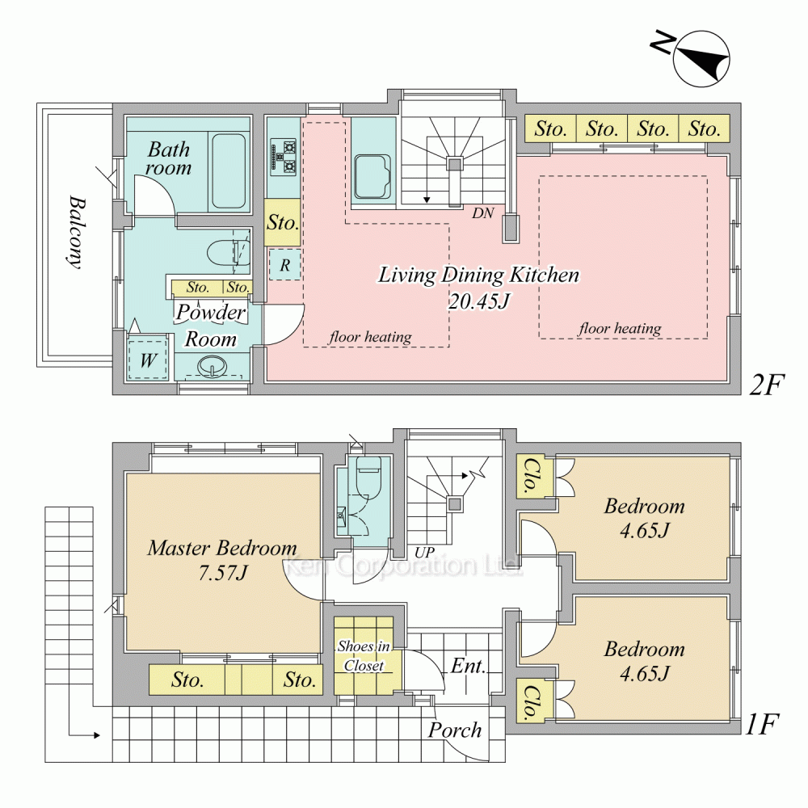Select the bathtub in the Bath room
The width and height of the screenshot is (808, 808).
pos(229,171)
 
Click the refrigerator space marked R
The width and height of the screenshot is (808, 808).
pos(284,265)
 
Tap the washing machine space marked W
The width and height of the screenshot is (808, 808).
pos(148,360)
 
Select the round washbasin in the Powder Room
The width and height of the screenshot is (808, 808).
pos(213,366)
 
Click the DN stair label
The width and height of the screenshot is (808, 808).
pos(483,213)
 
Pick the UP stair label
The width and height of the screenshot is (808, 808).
pos(425,552)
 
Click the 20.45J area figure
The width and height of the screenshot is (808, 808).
pos(478,301)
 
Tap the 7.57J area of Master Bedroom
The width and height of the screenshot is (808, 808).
pos(223,573)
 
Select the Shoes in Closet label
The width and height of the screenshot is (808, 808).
pos(364,655)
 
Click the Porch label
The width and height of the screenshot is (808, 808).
pos(454,730)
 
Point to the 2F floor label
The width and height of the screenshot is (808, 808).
pos(766,385)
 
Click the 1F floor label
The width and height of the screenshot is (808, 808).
pos(762,724)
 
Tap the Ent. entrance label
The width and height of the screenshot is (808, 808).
pos(469,666)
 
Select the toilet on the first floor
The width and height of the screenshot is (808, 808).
pos(368,476)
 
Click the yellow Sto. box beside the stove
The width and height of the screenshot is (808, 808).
pos(282,222)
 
